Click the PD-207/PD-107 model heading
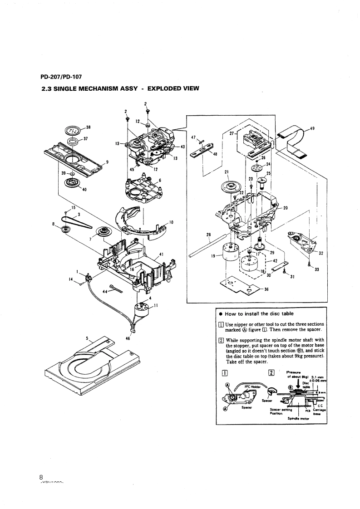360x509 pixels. pyautogui.click(x=61, y=77)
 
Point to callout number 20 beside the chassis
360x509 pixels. pyautogui.click(x=285, y=208)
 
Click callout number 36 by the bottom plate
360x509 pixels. pyautogui.click(x=266, y=290)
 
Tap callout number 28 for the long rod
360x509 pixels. pyautogui.click(x=208, y=235)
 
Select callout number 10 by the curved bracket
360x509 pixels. pyautogui.click(x=171, y=222)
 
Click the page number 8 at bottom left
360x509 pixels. pyautogui.click(x=41, y=477)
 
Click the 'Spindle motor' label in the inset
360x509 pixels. pyautogui.click(x=298, y=418)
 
